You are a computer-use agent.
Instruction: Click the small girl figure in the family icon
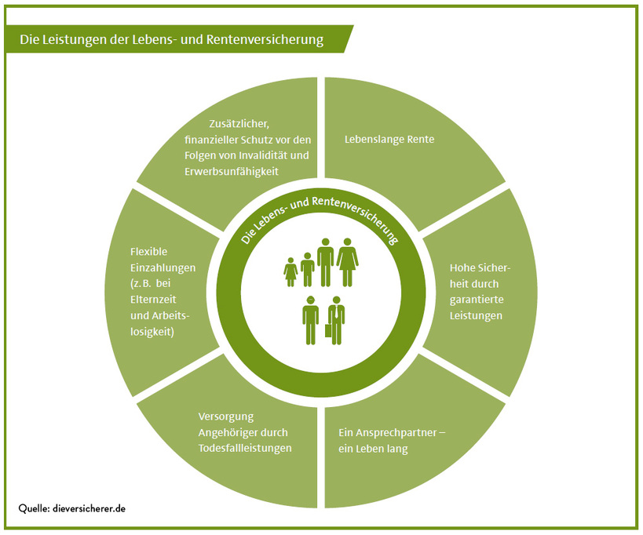(290, 271)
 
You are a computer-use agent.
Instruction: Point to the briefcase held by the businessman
(328, 330)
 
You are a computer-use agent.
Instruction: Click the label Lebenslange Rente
(389, 140)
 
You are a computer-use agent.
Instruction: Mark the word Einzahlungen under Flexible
(163, 267)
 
